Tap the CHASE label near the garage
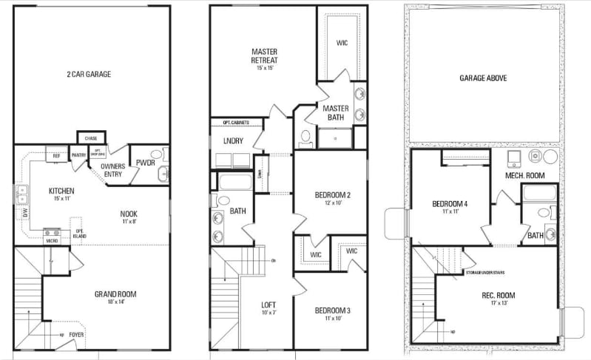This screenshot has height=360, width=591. point(91,138)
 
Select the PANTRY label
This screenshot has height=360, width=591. point(78,154)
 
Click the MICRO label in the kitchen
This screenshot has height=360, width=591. point(52,240)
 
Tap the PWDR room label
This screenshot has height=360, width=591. point(145,163)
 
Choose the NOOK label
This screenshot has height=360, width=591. point(129,214)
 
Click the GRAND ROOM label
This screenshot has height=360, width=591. point(115,294)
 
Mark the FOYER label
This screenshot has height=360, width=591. point(77,333)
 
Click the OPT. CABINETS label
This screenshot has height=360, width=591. point(230,122)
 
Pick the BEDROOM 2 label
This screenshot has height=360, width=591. point(332,194)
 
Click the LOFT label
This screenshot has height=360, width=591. point(268,305)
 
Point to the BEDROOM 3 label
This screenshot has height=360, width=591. point(332,310)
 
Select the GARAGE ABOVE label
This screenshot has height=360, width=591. point(483,78)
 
